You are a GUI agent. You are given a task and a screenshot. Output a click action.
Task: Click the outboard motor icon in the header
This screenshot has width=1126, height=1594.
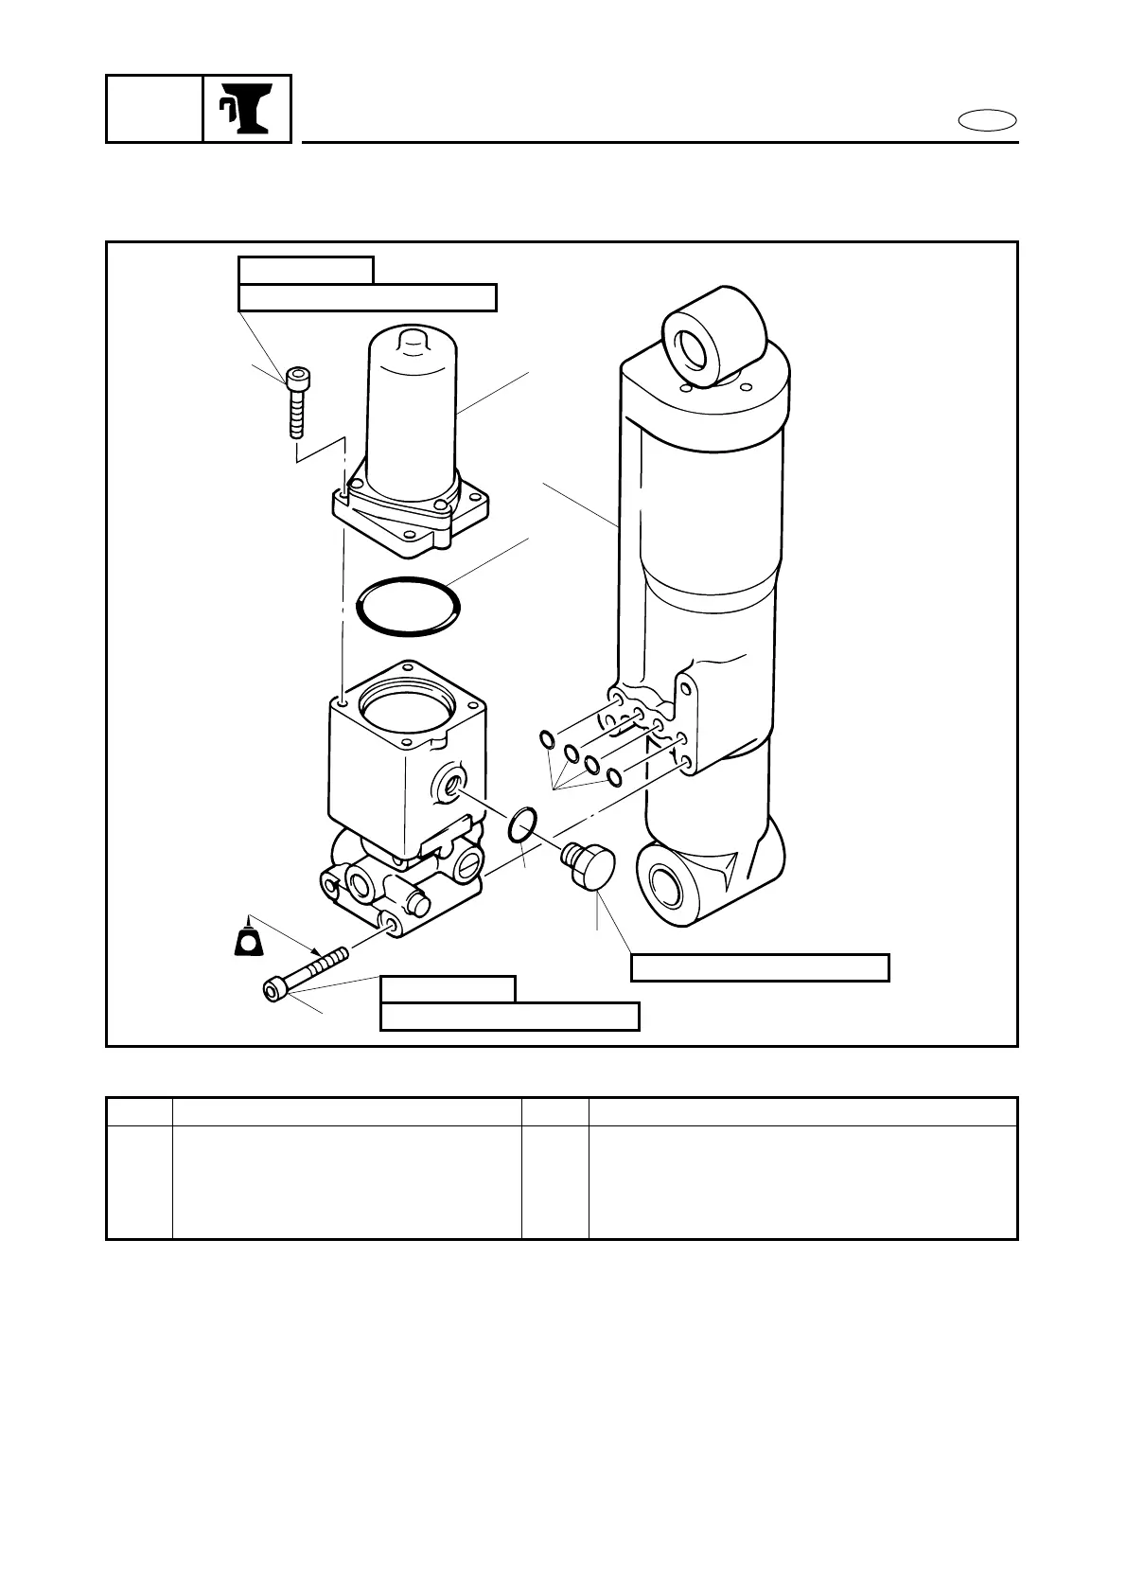pyautogui.click(x=247, y=109)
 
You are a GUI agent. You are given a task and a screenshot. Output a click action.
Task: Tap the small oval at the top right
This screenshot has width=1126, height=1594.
pyautogui.click(x=988, y=121)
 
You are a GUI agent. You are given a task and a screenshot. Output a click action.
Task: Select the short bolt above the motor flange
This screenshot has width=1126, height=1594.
pyautogui.click(x=296, y=402)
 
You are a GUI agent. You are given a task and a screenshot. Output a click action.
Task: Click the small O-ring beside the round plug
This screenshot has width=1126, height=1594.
pyautogui.click(x=523, y=824)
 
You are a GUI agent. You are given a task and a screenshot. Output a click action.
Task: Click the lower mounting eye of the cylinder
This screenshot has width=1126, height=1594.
pyautogui.click(x=670, y=881)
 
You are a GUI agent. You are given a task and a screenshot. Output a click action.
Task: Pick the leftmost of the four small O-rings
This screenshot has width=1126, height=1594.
pyautogui.click(x=547, y=738)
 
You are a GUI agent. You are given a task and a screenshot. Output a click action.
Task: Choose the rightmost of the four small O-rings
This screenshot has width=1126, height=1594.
pyautogui.click(x=613, y=777)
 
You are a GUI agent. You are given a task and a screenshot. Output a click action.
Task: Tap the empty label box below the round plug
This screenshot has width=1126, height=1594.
pyautogui.click(x=760, y=967)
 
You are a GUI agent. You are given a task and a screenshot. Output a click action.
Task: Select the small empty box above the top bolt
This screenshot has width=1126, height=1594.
pyautogui.click(x=306, y=270)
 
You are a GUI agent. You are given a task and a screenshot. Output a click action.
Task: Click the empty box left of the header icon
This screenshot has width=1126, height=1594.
pyautogui.click(x=154, y=109)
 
